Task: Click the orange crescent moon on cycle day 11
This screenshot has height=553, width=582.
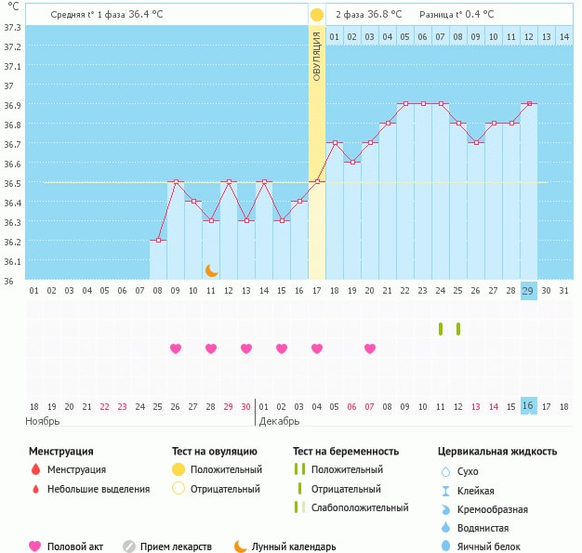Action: point(212,270)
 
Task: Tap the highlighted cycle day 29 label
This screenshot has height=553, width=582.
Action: point(528,291)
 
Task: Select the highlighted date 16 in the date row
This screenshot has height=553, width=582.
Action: point(528,406)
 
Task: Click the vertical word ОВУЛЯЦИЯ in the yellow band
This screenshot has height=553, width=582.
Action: point(317,56)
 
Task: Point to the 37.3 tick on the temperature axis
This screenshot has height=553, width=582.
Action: point(13,28)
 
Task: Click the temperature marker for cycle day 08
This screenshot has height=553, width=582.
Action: point(158,241)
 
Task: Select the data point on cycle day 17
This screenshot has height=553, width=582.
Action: point(317,181)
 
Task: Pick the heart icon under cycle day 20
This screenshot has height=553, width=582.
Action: point(370,349)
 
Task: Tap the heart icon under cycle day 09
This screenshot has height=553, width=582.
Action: point(176,349)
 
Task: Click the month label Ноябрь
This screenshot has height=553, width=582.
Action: point(44,421)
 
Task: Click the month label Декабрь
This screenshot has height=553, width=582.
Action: point(280,421)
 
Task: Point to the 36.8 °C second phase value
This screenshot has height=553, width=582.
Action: point(384,14)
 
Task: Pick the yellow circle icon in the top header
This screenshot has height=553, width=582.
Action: point(317,15)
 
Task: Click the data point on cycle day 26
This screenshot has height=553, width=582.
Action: point(475,142)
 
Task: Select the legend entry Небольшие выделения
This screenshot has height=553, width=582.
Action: point(98,489)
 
